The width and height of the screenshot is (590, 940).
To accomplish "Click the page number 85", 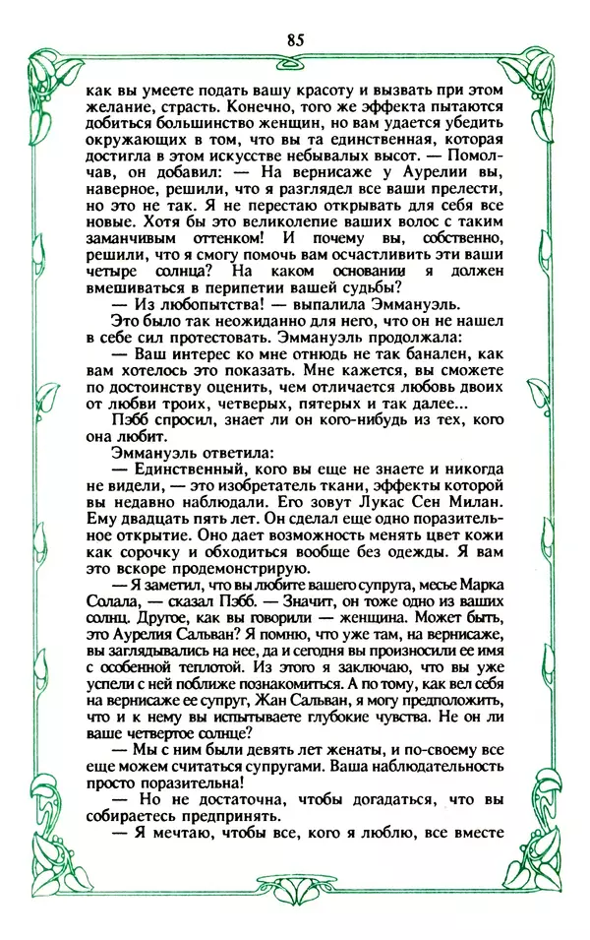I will pos(295,40).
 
